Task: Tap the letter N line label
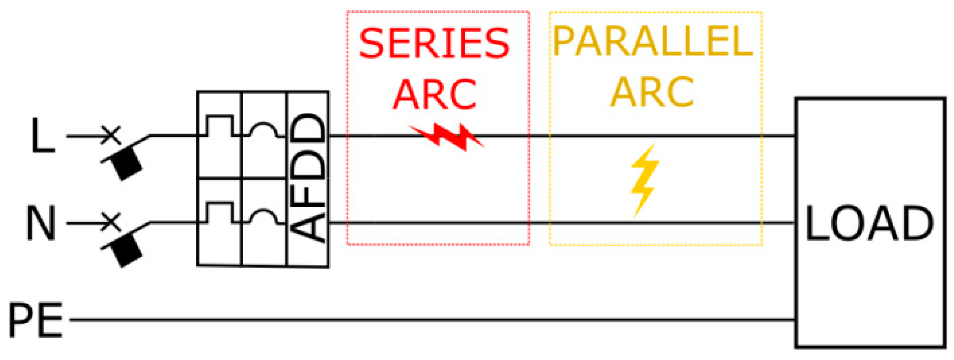click(41, 223)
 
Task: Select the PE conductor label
click(35, 320)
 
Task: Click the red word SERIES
click(434, 44)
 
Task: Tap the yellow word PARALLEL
click(653, 41)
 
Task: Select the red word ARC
click(434, 95)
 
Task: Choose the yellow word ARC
click(652, 92)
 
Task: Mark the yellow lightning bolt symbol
click(645, 180)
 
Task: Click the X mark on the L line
click(111, 136)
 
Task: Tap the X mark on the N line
click(111, 222)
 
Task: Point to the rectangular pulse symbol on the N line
click(220, 213)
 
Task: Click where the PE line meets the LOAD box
click(796, 319)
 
